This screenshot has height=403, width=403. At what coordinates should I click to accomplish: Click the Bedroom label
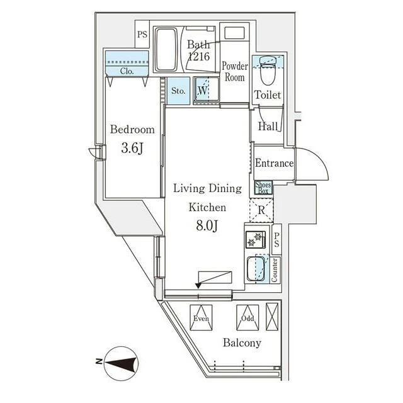(x=132, y=129)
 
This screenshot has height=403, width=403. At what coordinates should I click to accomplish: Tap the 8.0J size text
(x=207, y=225)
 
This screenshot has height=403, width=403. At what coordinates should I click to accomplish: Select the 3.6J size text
(x=132, y=148)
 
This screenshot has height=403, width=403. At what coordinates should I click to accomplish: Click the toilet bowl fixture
(x=268, y=70)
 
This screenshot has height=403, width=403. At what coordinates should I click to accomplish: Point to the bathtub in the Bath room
(x=166, y=49)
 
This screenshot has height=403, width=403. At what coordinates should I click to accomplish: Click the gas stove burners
(x=256, y=239)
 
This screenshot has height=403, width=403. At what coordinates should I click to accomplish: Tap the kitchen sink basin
(x=256, y=269)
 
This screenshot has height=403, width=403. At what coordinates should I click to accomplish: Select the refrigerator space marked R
(x=261, y=210)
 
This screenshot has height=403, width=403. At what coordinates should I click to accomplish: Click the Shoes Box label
(x=263, y=188)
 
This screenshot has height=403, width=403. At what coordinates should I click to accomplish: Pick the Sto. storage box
(x=178, y=91)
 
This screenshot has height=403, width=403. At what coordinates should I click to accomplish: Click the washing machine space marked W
(x=206, y=90)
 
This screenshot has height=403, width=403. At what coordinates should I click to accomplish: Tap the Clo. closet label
(x=127, y=71)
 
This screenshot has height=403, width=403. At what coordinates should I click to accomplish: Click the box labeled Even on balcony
(x=201, y=317)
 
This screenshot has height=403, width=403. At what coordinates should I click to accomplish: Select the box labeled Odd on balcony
(x=247, y=317)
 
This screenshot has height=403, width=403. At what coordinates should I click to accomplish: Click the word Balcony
(x=242, y=343)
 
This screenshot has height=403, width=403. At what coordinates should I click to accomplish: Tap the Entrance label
(x=275, y=163)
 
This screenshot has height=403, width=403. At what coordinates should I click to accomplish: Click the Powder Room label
(x=235, y=72)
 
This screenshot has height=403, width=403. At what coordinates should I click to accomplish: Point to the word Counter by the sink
(x=275, y=270)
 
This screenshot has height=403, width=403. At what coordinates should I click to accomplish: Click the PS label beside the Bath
(x=142, y=34)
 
